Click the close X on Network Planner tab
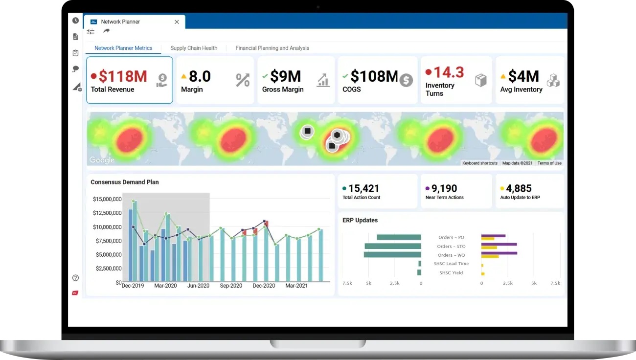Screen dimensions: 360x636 [x=177, y=22]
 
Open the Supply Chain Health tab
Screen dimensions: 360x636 [x=194, y=48]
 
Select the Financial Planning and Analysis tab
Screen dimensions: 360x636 [x=272, y=48]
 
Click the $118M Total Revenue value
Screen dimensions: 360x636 [x=123, y=76]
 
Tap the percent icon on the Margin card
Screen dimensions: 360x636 [x=243, y=80]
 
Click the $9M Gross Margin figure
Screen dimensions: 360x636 [x=285, y=76]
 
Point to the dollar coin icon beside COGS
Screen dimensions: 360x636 [x=406, y=80]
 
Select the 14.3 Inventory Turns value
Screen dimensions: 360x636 [x=449, y=72]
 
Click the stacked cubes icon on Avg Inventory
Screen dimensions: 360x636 [x=553, y=80]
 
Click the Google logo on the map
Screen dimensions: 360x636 [x=102, y=160]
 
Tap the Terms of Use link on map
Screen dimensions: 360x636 [x=549, y=163]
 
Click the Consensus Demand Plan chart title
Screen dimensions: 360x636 [x=125, y=182]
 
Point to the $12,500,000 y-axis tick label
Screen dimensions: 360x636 [x=107, y=213]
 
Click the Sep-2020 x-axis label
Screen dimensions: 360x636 [x=231, y=286]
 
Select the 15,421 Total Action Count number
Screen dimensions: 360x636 [x=363, y=188]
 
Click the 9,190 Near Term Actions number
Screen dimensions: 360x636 [x=444, y=188]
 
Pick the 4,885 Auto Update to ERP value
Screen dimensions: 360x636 [x=519, y=188]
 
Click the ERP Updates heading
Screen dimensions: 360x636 [x=360, y=220]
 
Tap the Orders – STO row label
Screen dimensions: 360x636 [x=451, y=247]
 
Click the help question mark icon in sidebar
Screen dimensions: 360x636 [x=75, y=278]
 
